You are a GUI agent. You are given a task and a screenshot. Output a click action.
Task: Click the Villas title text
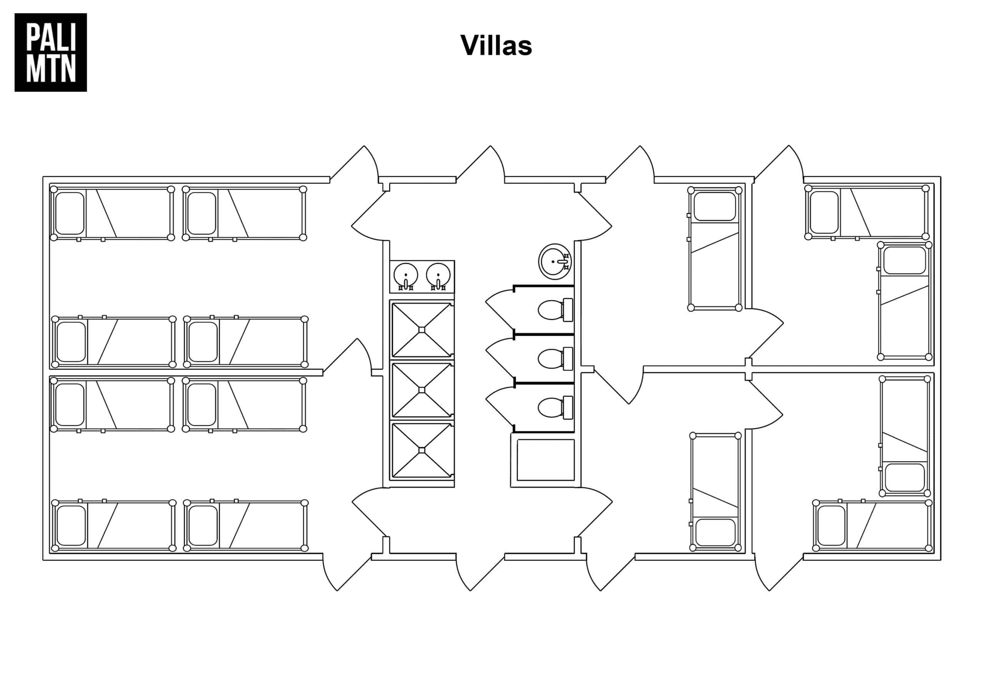tap(496, 45)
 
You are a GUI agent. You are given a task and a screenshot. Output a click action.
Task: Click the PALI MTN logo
tap(51, 52)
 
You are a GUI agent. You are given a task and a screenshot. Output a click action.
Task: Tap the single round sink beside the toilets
tap(555, 261)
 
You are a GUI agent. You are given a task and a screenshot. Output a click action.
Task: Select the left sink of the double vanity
tap(406, 275)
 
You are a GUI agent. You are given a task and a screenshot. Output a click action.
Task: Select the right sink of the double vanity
tap(438, 275)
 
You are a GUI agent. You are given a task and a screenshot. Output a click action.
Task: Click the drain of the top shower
tap(422, 329)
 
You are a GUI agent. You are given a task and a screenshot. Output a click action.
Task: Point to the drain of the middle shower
tap(422, 390)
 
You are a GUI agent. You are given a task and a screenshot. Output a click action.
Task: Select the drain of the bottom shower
tap(422, 450)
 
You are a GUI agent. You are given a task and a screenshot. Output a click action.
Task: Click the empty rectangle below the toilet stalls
tap(545, 460)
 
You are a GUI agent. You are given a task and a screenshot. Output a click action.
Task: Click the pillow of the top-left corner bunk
tap(70, 213)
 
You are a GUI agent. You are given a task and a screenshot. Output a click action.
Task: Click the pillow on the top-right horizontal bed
tap(824, 212)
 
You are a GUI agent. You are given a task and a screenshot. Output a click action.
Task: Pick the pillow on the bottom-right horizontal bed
tap(831, 525)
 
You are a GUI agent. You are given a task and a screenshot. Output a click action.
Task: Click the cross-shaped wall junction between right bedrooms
tap(748, 369)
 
